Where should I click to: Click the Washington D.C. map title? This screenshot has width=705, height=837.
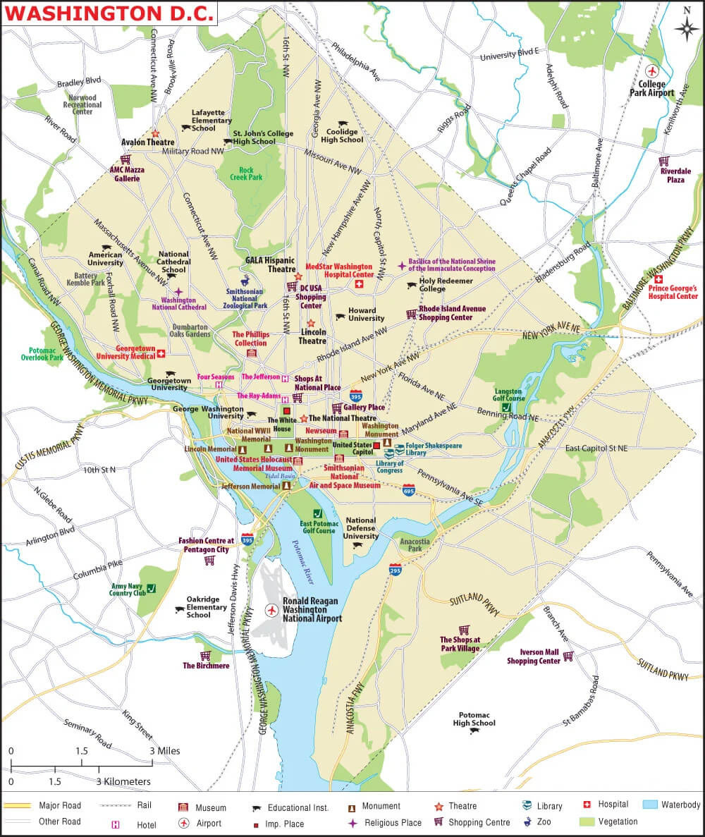click(109, 13)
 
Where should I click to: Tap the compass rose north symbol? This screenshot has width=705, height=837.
click(687, 27)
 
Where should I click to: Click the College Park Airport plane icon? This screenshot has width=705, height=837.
click(652, 71)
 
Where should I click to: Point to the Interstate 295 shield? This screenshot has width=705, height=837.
click(396, 569)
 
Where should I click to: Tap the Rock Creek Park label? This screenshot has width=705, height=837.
click(250, 173)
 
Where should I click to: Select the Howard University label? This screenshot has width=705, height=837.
click(367, 314)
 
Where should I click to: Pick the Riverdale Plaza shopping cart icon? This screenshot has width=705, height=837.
click(664, 161)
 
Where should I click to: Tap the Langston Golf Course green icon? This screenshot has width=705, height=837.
click(505, 407)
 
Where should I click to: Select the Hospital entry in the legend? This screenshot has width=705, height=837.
click(613, 805)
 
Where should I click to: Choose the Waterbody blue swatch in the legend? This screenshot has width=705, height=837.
click(650, 805)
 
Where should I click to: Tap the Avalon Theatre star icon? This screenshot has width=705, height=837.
click(154, 133)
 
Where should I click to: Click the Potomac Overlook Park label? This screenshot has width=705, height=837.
click(47, 354)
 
